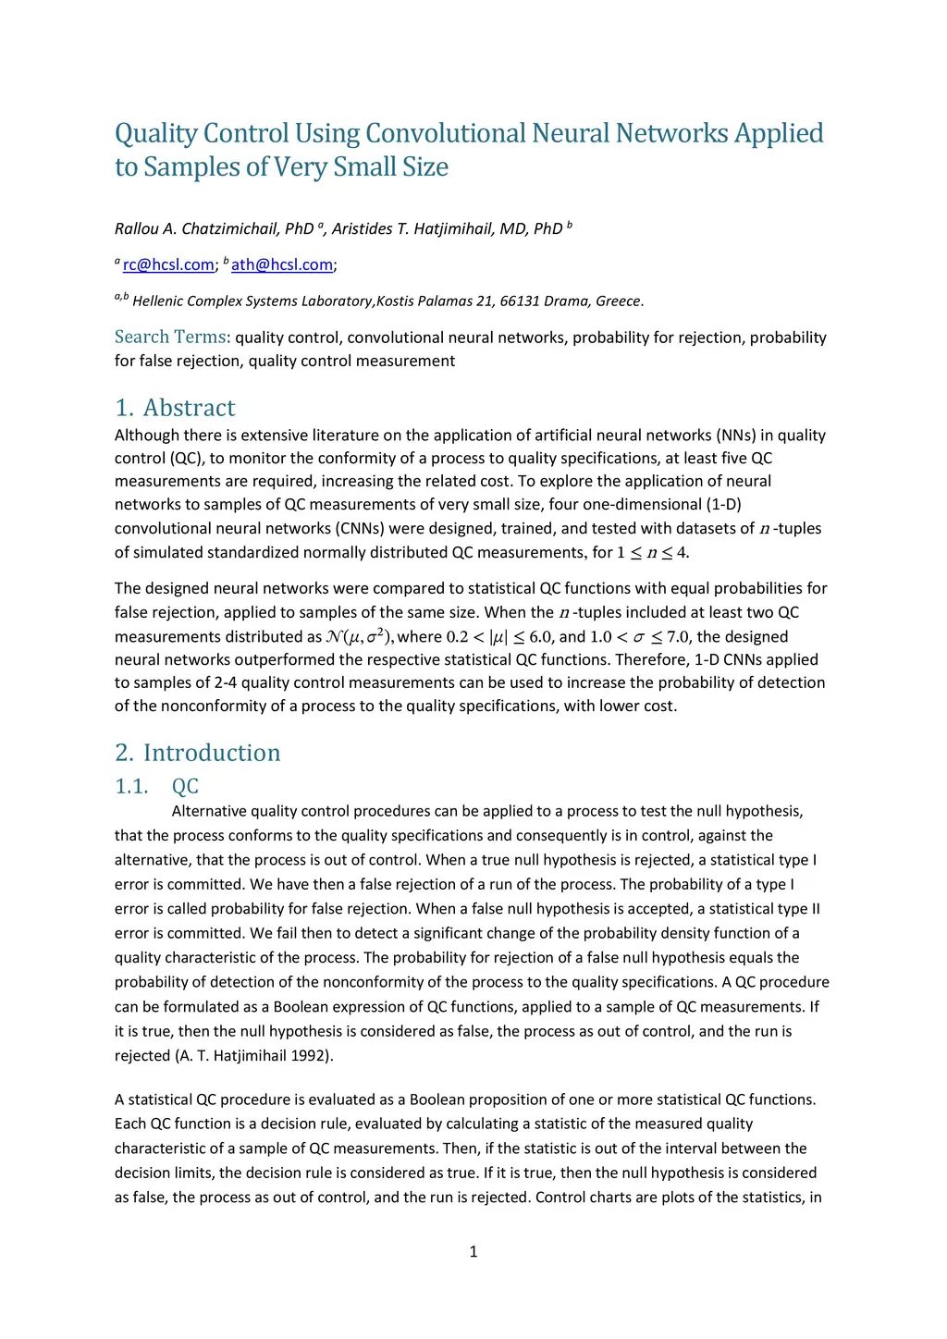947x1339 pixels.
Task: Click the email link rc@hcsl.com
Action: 168,265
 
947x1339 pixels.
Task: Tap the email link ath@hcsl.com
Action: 282,265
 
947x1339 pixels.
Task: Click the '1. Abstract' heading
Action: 175,408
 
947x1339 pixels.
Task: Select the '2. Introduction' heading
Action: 197,753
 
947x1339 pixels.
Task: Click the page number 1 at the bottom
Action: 473,1252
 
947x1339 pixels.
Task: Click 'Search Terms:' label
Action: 172,338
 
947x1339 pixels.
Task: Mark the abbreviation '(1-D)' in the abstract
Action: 723,505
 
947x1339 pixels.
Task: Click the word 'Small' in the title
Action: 365,167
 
